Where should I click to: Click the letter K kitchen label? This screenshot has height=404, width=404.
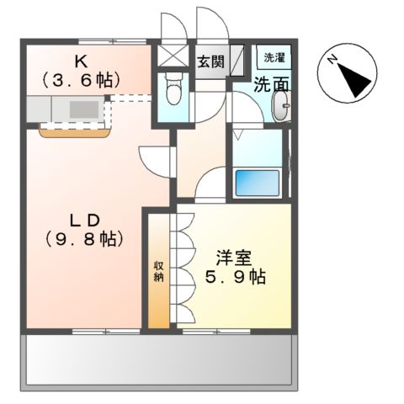click(82, 61)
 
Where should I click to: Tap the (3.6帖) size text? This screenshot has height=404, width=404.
click(82, 79)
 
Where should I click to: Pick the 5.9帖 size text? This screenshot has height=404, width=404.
click(236, 277)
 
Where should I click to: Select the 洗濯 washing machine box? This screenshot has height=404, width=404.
click(274, 57)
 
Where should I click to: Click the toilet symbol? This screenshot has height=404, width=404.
click(173, 88)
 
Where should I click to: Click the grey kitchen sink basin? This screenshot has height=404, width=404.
click(82, 109)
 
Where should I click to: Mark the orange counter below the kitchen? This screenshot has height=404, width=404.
click(73, 130)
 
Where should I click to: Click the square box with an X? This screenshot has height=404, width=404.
click(173, 56)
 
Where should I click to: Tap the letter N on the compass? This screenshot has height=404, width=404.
click(332, 59)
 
